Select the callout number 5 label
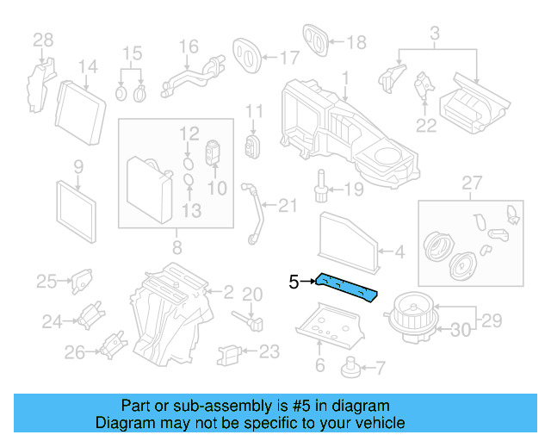pyautogui.click(x=294, y=282)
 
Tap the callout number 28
pyautogui.click(x=43, y=39)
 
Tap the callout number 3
pyautogui.click(x=435, y=34)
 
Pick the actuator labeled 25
pyautogui.click(x=81, y=279)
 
